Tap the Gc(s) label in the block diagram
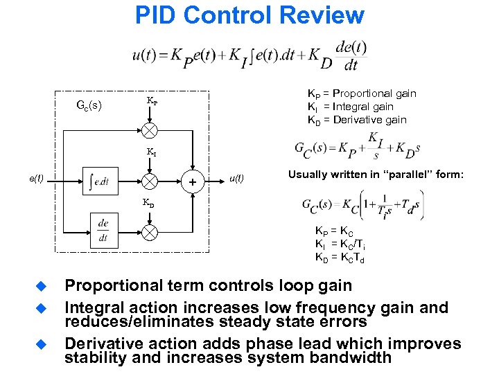pos(88,106)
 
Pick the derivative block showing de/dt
pos(104,230)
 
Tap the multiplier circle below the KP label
pos(149,130)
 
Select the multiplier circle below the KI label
pos(149,181)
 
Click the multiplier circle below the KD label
pos(149,231)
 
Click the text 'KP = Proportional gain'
pos(362,93)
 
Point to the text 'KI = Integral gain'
pos(350,107)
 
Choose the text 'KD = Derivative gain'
pos(357,120)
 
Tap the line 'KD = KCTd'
pos(340,258)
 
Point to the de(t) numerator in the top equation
pos(351,48)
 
